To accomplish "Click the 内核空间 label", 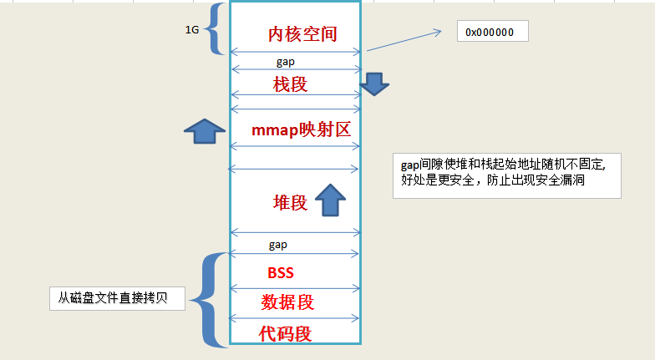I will pyautogui.click(x=302, y=34).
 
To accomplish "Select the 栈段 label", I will pyautogui.click(x=291, y=84).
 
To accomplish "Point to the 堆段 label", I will pyautogui.click(x=291, y=203).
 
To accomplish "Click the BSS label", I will pyautogui.click(x=281, y=273).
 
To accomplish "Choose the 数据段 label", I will pyautogui.click(x=287, y=302).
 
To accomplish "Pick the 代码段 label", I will pyautogui.click(x=285, y=333).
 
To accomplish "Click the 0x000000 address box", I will pyautogui.click(x=493, y=33).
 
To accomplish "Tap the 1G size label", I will pyautogui.click(x=192, y=30).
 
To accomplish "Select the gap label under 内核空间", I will pyautogui.click(x=286, y=62).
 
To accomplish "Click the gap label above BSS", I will pyautogui.click(x=278, y=245).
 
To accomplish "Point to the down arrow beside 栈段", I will pyautogui.click(x=373, y=82).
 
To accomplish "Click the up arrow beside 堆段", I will pyautogui.click(x=330, y=200).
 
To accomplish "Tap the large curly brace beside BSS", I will pyautogui.click(x=209, y=299).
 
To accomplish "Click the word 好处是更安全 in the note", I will pyautogui.click(x=435, y=181).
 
